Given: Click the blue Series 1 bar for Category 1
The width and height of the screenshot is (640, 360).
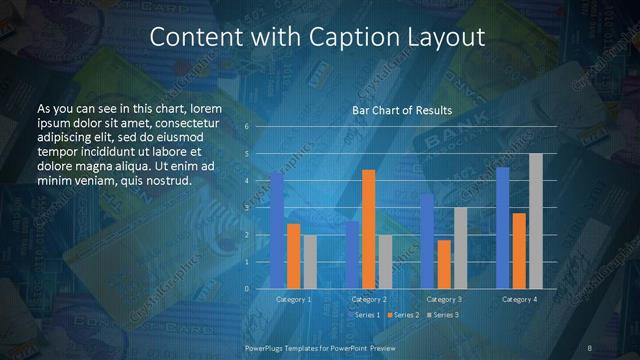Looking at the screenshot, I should (277, 230).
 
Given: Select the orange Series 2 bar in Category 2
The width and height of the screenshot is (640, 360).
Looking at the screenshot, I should (369, 229).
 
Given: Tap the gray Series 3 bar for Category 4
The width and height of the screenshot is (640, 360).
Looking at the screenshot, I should (536, 221).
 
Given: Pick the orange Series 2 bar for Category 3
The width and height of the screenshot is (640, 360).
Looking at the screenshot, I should (444, 264).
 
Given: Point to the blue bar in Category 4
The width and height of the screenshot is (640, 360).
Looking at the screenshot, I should (503, 228).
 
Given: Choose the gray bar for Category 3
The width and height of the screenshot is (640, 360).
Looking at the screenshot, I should (460, 248).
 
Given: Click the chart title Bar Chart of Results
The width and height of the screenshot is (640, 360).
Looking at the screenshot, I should (402, 110).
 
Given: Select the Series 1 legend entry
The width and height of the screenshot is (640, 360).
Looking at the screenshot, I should (366, 315).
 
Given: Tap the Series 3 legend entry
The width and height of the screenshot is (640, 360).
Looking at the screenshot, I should (443, 315).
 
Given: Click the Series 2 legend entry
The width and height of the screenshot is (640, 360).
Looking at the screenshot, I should (405, 315).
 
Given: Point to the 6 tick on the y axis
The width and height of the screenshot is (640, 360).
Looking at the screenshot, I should (247, 127).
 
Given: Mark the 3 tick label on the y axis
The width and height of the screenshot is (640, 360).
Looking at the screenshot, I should (247, 208).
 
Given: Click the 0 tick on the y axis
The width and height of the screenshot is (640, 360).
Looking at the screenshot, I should (247, 289).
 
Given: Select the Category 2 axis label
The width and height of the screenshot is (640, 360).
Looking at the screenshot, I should (369, 299).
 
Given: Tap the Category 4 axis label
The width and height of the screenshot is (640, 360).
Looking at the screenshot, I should (519, 299).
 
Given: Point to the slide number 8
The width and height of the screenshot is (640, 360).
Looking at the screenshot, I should (590, 347).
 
